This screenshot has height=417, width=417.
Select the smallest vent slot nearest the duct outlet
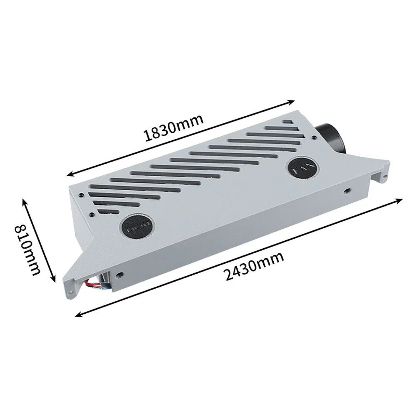(x=287, y=122)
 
